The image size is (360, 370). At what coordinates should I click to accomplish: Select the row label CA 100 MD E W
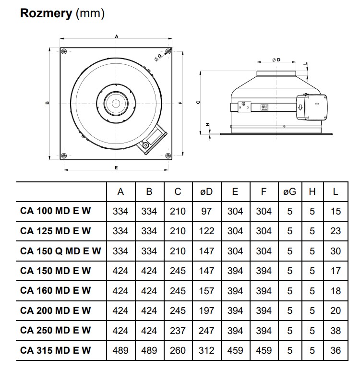(55, 211)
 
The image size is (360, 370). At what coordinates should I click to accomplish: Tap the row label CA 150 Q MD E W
(61, 251)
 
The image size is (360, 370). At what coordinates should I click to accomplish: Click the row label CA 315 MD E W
(55, 350)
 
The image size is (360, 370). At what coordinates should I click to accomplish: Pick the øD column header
(206, 191)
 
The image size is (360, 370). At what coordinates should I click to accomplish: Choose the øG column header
(289, 191)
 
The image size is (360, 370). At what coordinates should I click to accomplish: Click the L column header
(336, 191)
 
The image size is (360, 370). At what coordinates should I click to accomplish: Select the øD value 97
(206, 211)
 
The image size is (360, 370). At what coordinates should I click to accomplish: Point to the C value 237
(178, 331)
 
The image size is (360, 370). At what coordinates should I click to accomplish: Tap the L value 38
(336, 331)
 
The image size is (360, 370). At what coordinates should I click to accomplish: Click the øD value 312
(206, 350)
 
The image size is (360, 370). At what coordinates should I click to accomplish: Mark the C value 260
(178, 350)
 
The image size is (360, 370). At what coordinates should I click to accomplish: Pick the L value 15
(336, 211)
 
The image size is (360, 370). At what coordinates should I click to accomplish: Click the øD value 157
(206, 291)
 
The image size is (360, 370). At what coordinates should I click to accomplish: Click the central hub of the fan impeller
(115, 103)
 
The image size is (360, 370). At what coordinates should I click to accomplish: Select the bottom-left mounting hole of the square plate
(64, 155)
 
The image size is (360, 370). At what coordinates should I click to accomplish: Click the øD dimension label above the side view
(276, 60)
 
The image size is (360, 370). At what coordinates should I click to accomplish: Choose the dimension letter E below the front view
(116, 167)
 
